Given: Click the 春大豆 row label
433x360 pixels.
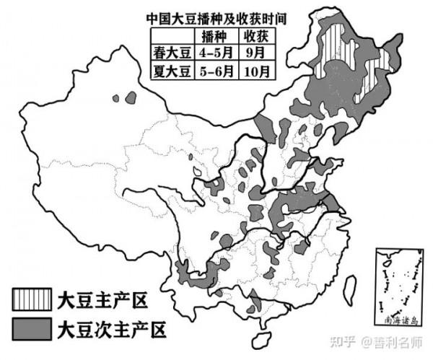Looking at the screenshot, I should tap(170, 53).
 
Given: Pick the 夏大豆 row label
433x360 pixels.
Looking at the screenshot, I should tap(170, 71).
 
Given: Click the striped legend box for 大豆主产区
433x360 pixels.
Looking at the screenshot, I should tap(31, 298).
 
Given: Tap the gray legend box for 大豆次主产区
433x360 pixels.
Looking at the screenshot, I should tap(31, 328).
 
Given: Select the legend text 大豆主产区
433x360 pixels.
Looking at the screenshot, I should tap(96, 298).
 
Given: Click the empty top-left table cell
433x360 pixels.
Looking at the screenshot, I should tap(170, 36).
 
